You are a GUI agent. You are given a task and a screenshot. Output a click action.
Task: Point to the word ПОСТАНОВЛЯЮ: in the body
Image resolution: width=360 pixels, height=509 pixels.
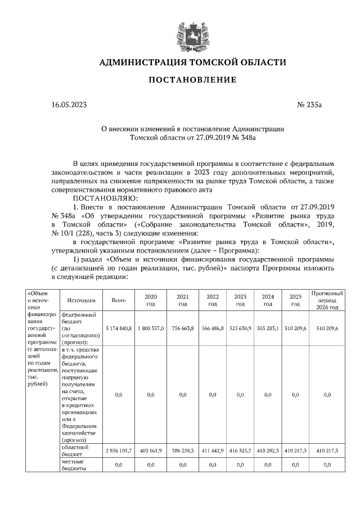[98, 197]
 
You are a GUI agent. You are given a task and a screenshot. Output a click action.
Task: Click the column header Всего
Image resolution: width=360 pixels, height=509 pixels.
[118, 300]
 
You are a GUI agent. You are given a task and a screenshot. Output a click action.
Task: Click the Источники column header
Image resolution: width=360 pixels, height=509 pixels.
[81, 300]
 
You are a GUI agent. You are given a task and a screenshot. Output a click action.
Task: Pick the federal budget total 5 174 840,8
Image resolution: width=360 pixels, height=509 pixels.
[118, 327]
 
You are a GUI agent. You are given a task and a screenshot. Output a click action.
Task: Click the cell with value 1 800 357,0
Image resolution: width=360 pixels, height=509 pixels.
[150, 327]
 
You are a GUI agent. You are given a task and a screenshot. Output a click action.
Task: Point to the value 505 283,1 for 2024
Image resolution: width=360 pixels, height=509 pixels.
[268, 327]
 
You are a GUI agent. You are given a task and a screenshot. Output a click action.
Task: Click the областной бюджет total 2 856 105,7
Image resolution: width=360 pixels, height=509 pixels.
[118, 451]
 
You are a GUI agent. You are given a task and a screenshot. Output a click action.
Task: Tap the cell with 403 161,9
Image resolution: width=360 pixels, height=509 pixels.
[150, 451]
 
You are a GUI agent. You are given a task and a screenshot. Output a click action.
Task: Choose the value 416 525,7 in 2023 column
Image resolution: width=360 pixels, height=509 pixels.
[240, 451]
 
